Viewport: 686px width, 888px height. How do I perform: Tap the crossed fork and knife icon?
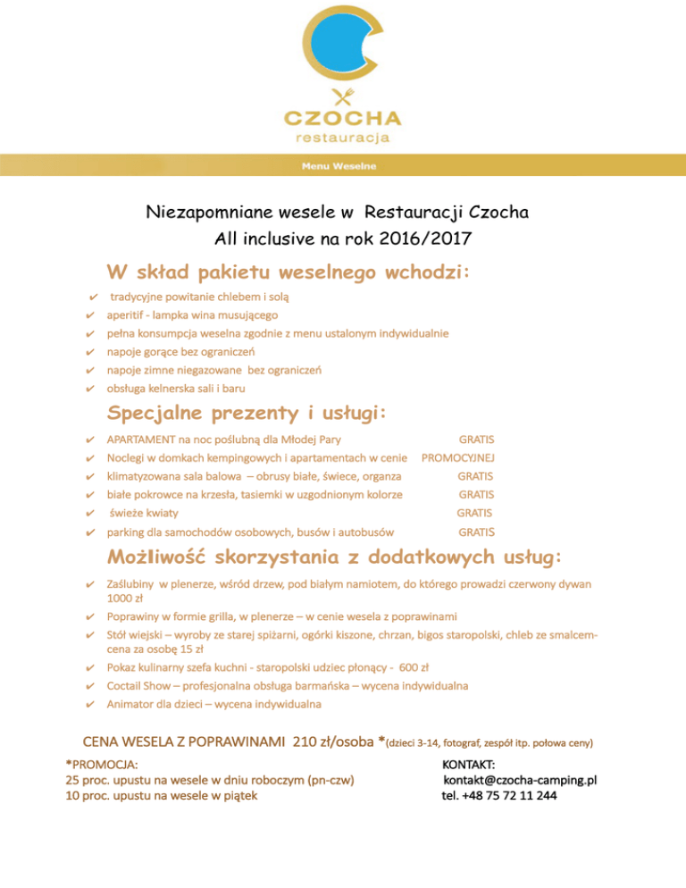(x=343, y=96)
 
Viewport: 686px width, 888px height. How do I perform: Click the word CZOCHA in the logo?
(x=343, y=118)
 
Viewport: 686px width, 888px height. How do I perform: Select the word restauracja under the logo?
(x=343, y=138)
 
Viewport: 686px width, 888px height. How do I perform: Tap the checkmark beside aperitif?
(x=88, y=315)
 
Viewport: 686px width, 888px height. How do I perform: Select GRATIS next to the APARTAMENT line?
(x=476, y=440)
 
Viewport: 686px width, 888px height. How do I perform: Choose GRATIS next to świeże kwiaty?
(x=475, y=513)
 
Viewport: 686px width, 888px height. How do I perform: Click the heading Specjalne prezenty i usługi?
(x=247, y=414)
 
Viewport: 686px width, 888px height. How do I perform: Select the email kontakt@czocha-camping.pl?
(x=520, y=780)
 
